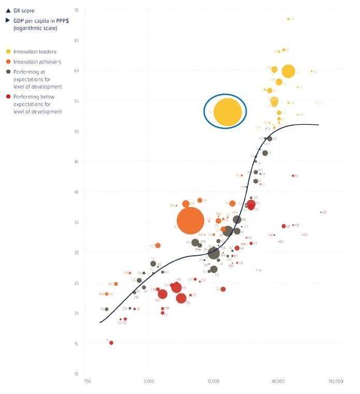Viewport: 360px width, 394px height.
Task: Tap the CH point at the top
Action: point(288,19)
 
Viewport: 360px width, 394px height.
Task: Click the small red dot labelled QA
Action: point(322,212)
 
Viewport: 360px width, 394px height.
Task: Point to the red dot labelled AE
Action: point(293,176)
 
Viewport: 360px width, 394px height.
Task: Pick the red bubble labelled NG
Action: point(181,298)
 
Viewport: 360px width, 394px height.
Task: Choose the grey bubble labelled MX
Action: point(237,220)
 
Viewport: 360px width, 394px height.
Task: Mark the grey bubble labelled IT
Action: point(265,153)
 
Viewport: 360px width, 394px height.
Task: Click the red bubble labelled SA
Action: point(283,226)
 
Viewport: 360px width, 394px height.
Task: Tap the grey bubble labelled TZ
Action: point(153,264)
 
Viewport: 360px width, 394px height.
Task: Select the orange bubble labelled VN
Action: point(185,203)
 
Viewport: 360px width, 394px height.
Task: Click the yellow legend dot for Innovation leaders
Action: point(8,51)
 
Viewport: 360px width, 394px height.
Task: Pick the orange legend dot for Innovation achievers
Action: point(8,62)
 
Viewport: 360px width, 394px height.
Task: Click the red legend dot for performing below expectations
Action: point(8,97)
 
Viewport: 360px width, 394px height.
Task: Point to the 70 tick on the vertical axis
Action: point(76,10)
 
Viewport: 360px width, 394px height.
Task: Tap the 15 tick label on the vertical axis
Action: point(76,343)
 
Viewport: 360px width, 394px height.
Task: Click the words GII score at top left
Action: point(24,10)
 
